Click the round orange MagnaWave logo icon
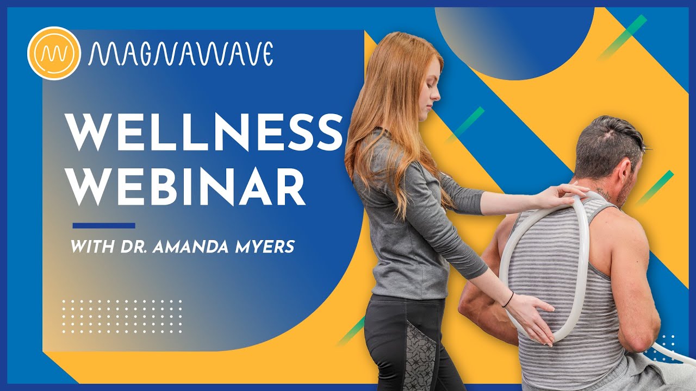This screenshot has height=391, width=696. [54, 53]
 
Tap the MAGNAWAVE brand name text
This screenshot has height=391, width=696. [181, 54]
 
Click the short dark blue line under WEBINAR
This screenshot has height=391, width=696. [104, 225]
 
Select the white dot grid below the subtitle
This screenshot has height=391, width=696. [122, 317]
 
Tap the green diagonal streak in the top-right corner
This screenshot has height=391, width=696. [623, 37]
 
